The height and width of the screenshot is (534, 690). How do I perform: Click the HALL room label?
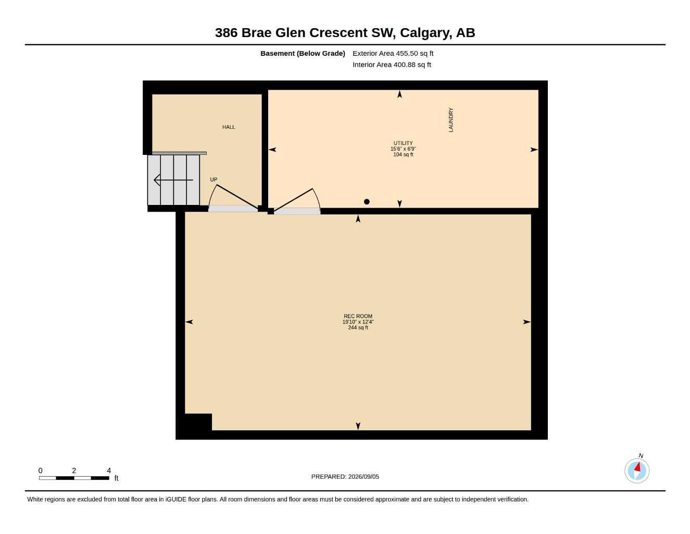tap(228, 127)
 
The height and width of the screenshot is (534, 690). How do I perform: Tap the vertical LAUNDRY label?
tap(451, 120)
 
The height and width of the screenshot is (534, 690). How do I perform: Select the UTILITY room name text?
tap(403, 143)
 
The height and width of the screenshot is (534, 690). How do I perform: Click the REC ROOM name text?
tap(358, 316)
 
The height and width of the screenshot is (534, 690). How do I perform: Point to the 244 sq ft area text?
tap(358, 327)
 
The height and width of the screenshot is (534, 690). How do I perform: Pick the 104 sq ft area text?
tap(403, 154)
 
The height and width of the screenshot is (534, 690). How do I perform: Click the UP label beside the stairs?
tap(214, 179)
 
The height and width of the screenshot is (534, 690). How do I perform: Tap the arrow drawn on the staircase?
tap(173, 180)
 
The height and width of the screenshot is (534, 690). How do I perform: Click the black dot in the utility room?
tap(367, 201)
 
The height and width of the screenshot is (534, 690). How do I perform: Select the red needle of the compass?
tap(637, 467)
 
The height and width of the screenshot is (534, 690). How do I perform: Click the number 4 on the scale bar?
tap(109, 470)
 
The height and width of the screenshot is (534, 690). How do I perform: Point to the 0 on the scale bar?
tap(40, 470)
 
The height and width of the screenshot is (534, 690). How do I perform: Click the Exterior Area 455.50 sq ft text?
tap(393, 53)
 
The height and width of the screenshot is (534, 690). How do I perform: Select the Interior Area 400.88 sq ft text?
tap(392, 65)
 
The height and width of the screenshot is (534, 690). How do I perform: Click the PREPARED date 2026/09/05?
tap(363, 477)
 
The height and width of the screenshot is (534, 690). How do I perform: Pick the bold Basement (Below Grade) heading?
tap(303, 53)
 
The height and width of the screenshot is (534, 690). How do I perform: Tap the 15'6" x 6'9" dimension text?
tap(403, 149)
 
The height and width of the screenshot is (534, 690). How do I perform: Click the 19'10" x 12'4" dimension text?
tap(358, 322)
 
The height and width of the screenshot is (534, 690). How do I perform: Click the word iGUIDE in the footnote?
tap(176, 500)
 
